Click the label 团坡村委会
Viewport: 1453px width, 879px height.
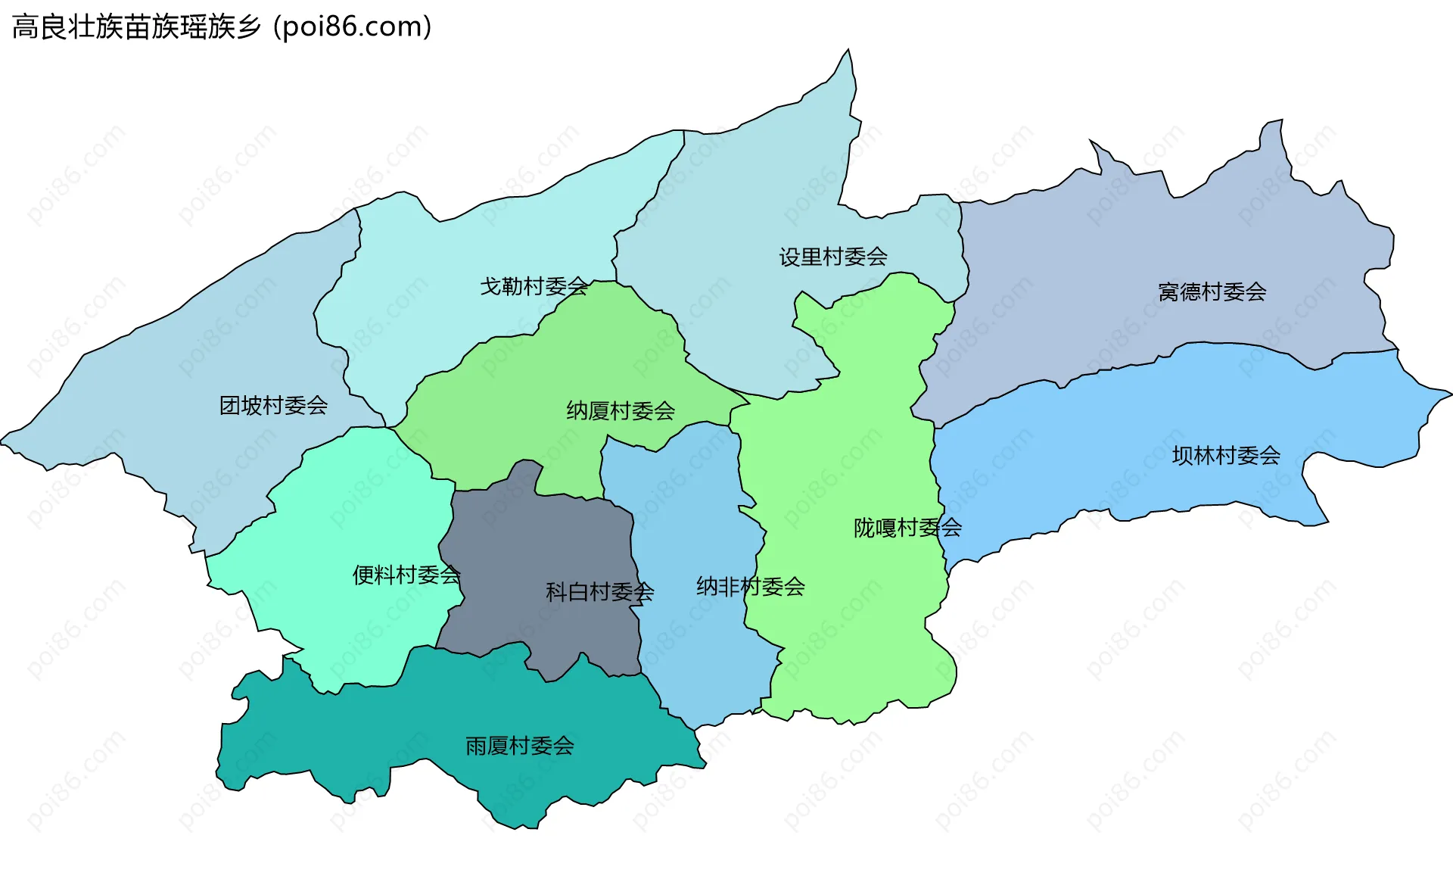(x=273, y=406)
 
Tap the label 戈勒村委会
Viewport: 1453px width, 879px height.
(x=534, y=286)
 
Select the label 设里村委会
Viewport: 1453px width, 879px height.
(x=833, y=257)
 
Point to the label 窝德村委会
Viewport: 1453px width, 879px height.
(x=1212, y=291)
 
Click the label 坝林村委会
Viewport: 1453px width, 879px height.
(x=1225, y=455)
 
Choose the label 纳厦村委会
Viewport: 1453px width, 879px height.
(x=620, y=410)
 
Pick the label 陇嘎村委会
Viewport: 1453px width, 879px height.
(x=907, y=527)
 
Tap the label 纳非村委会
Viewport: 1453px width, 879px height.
(x=750, y=586)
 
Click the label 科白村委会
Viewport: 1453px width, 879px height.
(x=599, y=591)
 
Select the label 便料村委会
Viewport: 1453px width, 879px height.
(x=406, y=575)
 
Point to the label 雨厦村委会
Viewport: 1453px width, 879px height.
(x=519, y=746)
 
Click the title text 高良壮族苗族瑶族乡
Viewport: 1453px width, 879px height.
(x=137, y=27)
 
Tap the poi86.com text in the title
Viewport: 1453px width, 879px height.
(x=353, y=27)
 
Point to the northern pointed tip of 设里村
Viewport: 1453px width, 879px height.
(x=848, y=51)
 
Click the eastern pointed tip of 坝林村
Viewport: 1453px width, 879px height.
(x=1450, y=394)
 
